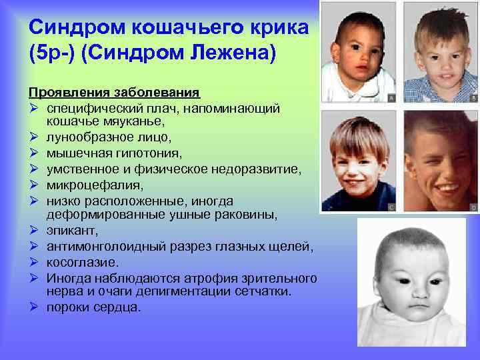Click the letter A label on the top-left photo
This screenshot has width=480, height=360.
click(x=391, y=97)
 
